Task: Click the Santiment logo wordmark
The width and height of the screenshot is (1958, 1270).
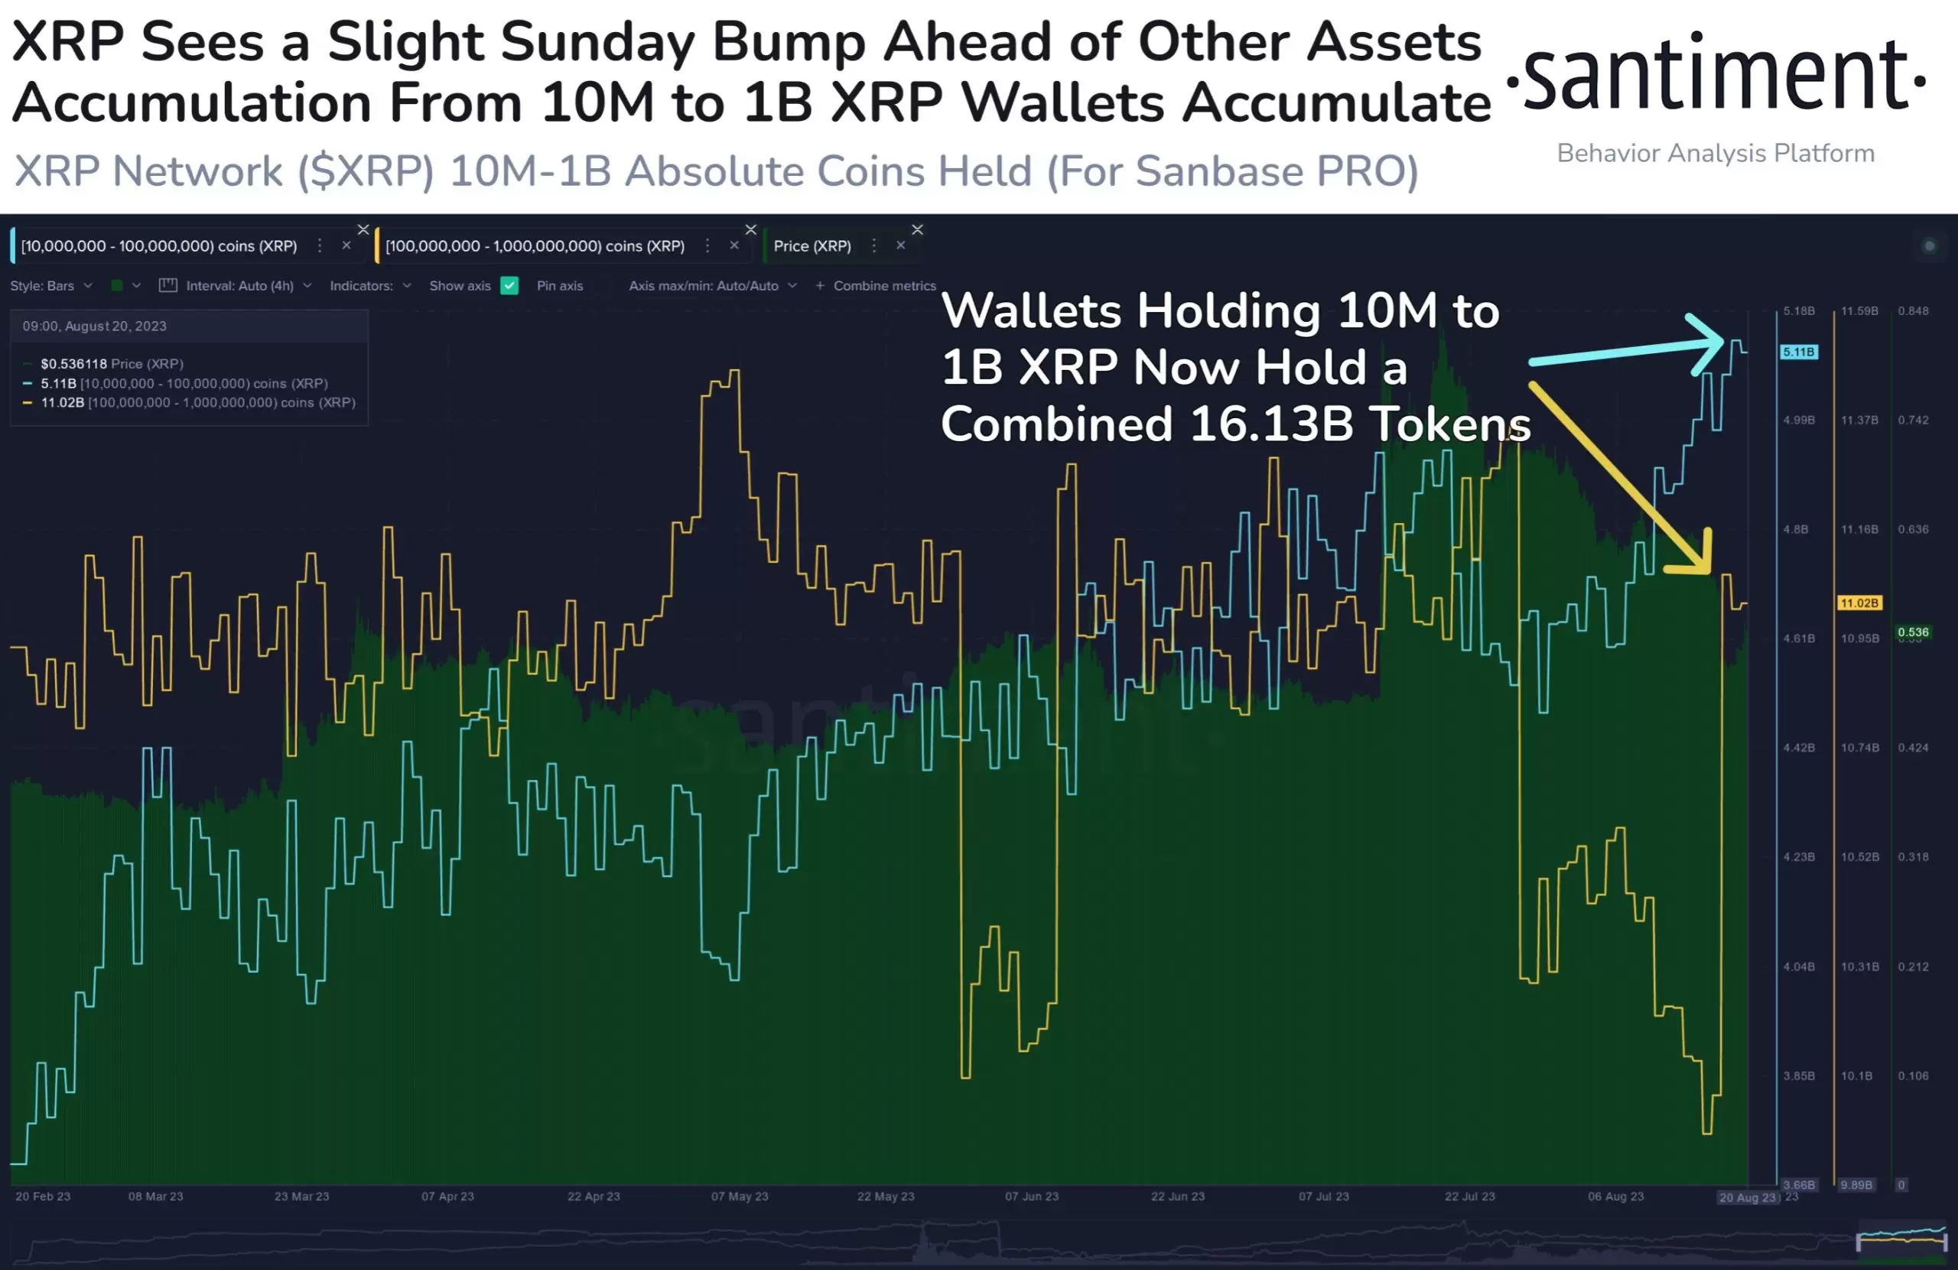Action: pos(1716,74)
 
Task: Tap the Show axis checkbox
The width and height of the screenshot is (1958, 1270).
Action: pos(509,285)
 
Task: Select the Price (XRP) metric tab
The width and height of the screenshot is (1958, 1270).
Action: pos(812,246)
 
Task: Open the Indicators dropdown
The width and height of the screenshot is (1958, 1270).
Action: pos(369,285)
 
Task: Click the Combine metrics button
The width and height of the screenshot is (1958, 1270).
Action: pos(877,285)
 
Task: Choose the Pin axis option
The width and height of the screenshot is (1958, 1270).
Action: pos(559,285)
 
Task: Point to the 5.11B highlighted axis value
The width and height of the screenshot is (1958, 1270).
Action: pos(1798,352)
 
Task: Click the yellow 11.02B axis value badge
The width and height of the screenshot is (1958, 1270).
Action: pos(1859,603)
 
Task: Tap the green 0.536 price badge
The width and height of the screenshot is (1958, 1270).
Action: pos(1913,632)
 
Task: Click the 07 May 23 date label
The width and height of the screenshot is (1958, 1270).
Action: pos(740,1196)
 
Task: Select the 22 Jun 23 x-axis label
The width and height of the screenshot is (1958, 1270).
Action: pos(1177,1196)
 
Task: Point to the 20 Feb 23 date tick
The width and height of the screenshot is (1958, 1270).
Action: pos(43,1196)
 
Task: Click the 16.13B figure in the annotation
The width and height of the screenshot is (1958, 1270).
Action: pos(1270,424)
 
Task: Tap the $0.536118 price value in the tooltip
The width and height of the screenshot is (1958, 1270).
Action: pos(73,363)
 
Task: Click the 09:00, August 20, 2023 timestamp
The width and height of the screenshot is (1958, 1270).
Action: pos(95,326)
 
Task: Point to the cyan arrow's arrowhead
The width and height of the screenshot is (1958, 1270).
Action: pos(1716,341)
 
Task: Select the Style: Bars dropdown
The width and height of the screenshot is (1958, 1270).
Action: pos(50,285)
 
